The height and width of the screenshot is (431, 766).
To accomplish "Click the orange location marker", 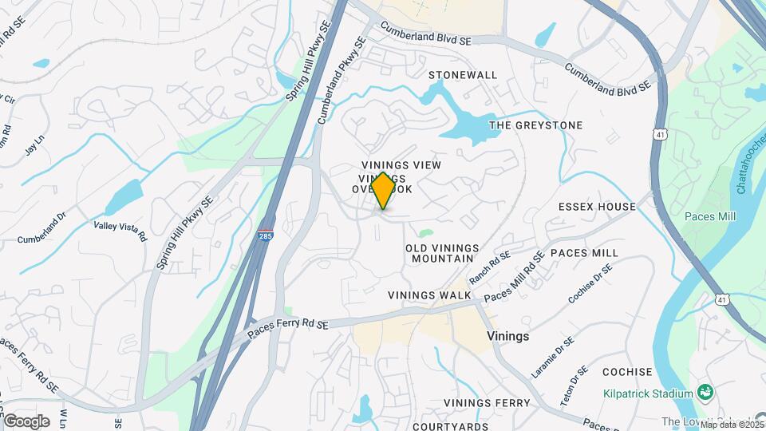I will (384, 191).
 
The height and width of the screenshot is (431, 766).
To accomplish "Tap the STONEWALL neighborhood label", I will (463, 75).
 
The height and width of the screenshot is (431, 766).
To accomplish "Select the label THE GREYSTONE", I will (535, 125).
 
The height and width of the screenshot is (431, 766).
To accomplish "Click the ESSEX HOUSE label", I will (597, 207).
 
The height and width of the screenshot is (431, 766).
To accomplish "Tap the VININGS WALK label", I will (429, 295).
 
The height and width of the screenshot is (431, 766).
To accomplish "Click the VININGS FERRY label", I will (487, 403).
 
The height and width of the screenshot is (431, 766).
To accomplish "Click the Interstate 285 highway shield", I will (264, 236).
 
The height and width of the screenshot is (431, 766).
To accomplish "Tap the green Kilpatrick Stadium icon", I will (705, 393).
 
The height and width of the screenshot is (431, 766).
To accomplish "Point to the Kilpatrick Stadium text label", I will (648, 394).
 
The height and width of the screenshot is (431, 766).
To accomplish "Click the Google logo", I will (26, 421).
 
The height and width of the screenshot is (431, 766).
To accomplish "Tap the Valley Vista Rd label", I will (120, 231).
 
